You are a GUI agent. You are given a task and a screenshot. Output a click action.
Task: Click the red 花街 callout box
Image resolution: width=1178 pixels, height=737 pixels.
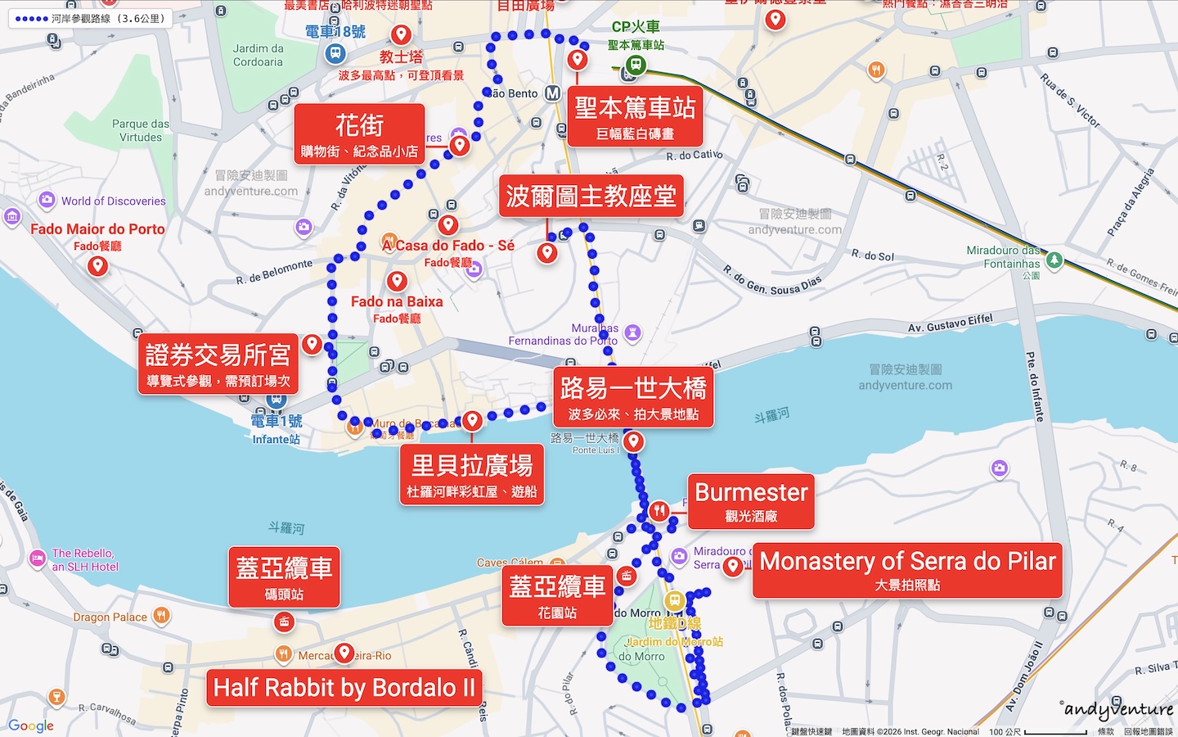[359, 134]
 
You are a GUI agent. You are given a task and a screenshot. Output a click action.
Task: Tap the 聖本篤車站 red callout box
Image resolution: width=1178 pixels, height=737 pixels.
[635, 116]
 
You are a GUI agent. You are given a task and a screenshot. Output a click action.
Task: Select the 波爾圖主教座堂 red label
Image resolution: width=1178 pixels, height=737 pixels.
[591, 197]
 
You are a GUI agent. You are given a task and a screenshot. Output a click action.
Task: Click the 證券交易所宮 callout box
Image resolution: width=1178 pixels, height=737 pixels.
[218, 364]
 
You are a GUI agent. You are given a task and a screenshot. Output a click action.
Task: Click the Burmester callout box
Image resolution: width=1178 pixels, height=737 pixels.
[751, 501]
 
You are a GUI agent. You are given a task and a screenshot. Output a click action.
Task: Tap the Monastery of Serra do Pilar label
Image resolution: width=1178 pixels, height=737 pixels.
[907, 570]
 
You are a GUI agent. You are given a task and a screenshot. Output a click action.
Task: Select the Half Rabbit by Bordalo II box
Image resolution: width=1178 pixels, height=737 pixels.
[344, 688]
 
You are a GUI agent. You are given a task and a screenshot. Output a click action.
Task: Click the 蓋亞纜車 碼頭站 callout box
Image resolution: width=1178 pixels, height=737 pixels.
[284, 576]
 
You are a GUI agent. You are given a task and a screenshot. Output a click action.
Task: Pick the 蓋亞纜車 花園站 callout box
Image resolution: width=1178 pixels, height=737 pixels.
[557, 595]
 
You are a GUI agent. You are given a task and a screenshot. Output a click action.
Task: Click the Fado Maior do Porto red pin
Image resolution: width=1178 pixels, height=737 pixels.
[98, 265]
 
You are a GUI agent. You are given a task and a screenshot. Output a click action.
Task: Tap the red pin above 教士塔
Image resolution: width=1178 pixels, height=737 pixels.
[401, 34]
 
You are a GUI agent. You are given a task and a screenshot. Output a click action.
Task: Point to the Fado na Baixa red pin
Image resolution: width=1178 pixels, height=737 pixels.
[397, 281]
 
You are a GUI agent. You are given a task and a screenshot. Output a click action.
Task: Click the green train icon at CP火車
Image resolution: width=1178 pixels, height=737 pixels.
[636, 64]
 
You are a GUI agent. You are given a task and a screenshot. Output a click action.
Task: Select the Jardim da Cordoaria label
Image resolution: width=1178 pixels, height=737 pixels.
[258, 55]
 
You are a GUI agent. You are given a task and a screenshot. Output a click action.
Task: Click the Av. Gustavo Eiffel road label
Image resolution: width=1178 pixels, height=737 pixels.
[950, 323]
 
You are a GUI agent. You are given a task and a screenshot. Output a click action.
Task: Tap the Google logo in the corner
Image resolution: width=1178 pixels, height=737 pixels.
[31, 726]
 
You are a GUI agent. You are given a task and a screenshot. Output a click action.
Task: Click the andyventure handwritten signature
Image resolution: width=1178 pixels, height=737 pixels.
[1118, 709]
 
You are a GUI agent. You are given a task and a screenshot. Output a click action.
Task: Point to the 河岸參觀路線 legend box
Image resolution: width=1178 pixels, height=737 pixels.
[90, 18]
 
